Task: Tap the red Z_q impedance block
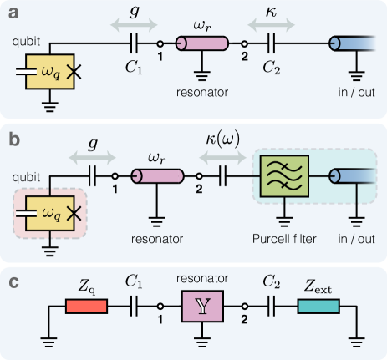(86, 307)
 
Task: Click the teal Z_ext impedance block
(318, 307)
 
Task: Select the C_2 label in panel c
(270, 283)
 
